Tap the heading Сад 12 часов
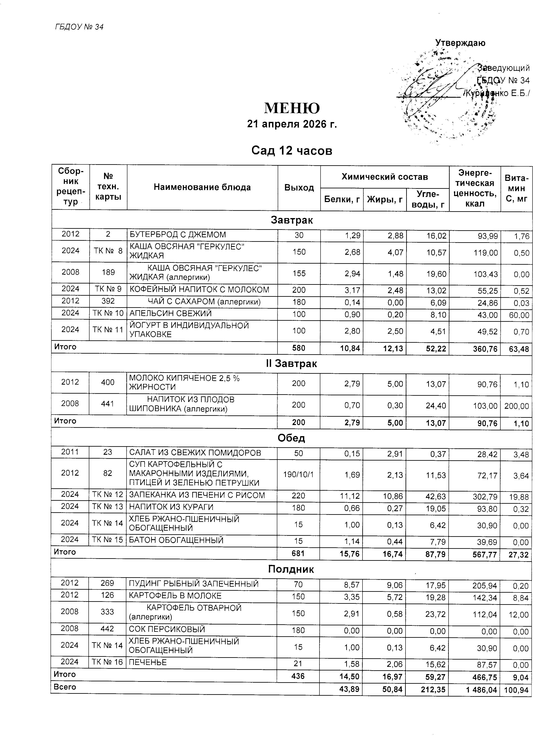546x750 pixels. pyautogui.click(x=292, y=151)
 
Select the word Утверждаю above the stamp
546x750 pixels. pyautogui.click(x=460, y=43)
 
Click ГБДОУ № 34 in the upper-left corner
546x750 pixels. pyautogui.click(x=79, y=27)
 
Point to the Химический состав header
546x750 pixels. pyautogui.click(x=384, y=177)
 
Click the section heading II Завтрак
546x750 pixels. pyautogui.click(x=292, y=364)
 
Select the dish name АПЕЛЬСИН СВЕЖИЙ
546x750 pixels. pyautogui.click(x=170, y=313)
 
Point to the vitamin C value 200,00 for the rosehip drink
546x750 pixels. pyautogui.click(x=516, y=406)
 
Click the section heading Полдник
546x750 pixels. pyautogui.click(x=291, y=569)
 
